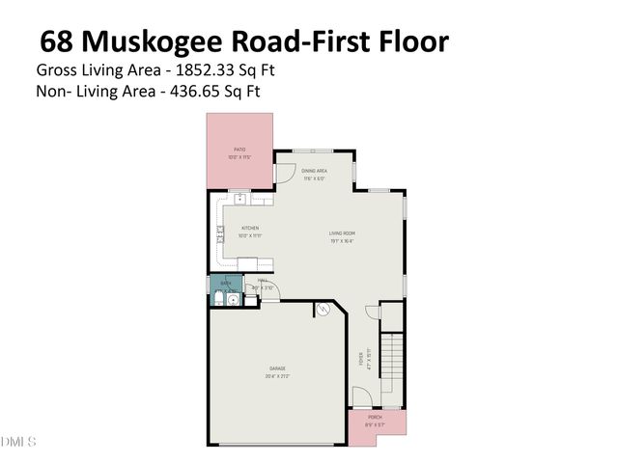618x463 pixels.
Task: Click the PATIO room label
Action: point(239,150)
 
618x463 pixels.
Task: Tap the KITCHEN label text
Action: point(250,229)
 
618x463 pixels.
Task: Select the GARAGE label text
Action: point(277,368)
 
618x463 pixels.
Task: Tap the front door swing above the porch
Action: point(359,395)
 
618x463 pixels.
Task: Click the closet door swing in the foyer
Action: point(372,311)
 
